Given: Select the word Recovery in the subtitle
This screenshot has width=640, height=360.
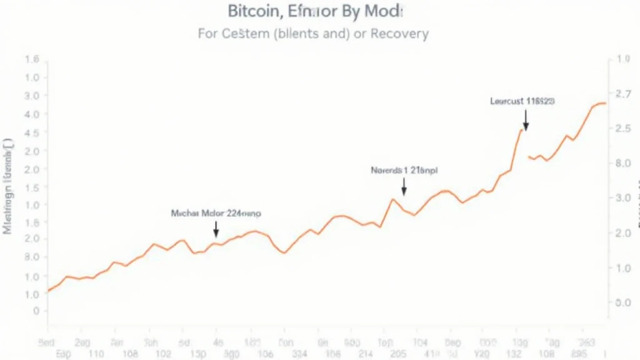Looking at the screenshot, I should point(400,33).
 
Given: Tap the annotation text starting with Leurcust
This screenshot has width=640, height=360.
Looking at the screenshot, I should point(523,100).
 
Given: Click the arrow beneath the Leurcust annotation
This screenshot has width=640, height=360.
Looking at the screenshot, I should point(526,120).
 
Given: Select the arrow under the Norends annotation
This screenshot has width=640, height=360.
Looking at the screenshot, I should point(404,186).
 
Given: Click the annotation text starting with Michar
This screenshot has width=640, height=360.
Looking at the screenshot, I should point(216,213).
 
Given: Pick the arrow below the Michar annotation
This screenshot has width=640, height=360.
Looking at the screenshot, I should point(216,229).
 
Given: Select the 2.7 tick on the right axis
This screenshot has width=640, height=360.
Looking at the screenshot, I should point(624,94).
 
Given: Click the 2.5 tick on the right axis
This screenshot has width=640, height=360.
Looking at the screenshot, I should point(624,129).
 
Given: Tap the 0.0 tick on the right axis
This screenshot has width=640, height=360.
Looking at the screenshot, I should point(624,302).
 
